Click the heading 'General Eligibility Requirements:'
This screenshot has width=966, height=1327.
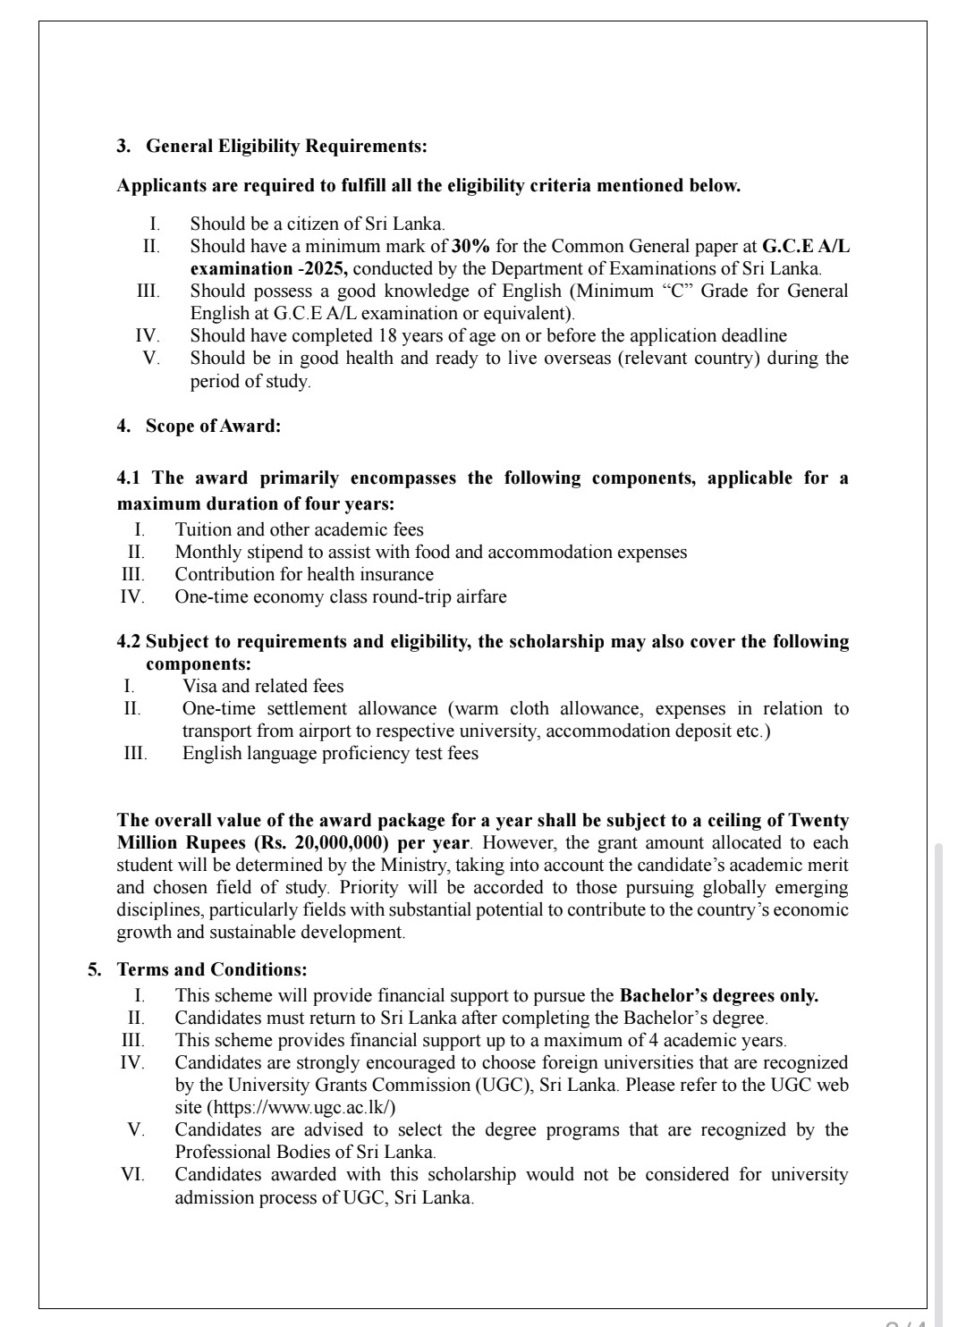(x=286, y=145)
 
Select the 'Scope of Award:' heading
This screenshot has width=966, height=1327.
(x=213, y=426)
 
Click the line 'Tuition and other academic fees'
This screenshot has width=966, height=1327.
(x=299, y=529)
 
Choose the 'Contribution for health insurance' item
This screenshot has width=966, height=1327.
(x=304, y=574)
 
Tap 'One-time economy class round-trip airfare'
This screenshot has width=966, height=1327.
(x=340, y=596)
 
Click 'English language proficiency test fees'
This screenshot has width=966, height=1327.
(x=330, y=753)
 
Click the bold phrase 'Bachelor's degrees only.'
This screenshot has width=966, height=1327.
(x=719, y=995)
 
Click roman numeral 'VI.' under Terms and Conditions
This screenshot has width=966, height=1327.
(x=132, y=1174)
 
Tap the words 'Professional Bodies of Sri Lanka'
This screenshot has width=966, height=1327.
(x=304, y=1152)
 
